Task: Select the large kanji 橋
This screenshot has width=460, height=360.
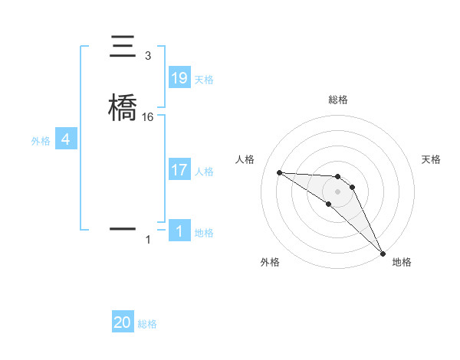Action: coord(123,106)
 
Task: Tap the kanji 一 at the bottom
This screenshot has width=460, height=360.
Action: coord(123,228)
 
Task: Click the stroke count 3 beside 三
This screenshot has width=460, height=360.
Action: coord(148,56)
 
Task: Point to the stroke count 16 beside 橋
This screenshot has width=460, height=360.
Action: coord(148,116)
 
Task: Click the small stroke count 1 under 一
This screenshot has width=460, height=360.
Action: coord(148,240)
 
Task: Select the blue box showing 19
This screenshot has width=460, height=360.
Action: coord(179,78)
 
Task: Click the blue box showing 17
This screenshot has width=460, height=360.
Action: coord(179,170)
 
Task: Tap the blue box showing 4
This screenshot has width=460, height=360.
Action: coord(66,140)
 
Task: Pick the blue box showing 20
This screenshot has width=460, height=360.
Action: coord(123,323)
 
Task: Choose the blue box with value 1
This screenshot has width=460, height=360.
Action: coord(179,231)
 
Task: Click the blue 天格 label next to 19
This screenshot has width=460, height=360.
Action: coord(204,79)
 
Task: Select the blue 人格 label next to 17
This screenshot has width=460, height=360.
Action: coord(204,171)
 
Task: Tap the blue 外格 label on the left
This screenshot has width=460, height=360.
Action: coord(41,141)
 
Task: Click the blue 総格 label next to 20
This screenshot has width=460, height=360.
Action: coord(147,324)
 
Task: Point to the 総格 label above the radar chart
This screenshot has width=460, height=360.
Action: coord(338,100)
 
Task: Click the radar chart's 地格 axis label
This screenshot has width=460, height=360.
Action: coord(402,262)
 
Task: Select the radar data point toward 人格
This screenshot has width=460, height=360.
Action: coord(280,172)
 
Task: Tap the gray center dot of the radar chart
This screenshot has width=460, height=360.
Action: coord(338,191)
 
